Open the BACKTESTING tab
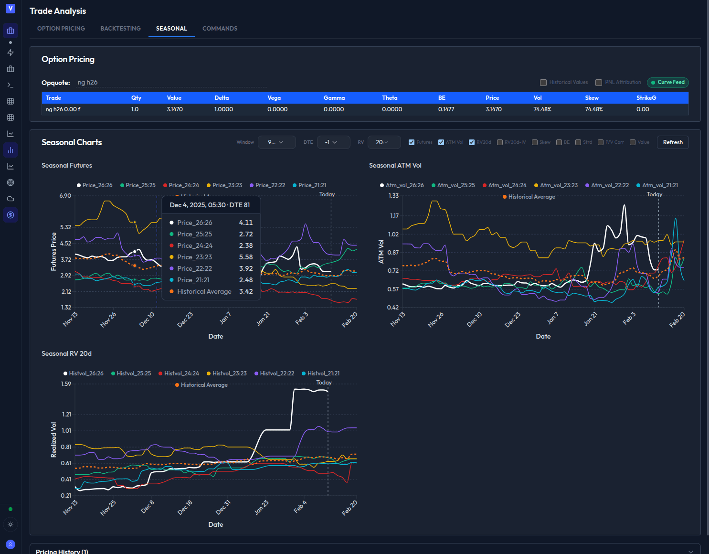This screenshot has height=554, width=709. tap(120, 29)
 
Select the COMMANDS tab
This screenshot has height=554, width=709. tap(220, 29)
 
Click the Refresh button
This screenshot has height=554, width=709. tap(672, 142)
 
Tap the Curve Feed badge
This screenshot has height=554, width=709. tap(667, 82)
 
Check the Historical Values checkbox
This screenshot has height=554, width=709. tap(543, 83)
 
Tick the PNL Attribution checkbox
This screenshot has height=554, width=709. tap(598, 83)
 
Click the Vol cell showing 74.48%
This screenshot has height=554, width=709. tap(542, 109)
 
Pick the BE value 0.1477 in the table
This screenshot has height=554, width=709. tap(446, 109)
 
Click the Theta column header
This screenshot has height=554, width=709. tap(390, 98)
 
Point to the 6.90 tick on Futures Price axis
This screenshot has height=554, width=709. tap(65, 196)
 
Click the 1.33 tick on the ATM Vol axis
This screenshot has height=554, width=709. tap(393, 196)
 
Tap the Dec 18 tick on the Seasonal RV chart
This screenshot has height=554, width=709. tap(185, 507)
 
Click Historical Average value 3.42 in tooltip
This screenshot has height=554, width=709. tap(246, 291)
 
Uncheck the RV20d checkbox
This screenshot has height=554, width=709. tap(472, 142)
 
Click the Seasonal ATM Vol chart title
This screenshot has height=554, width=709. tap(395, 166)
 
